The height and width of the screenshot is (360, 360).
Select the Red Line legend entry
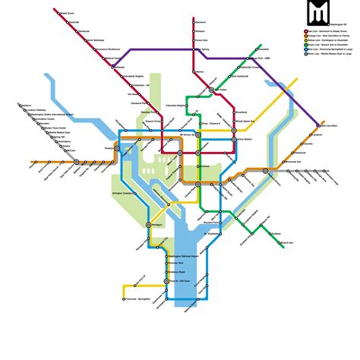click(x=328, y=30)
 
